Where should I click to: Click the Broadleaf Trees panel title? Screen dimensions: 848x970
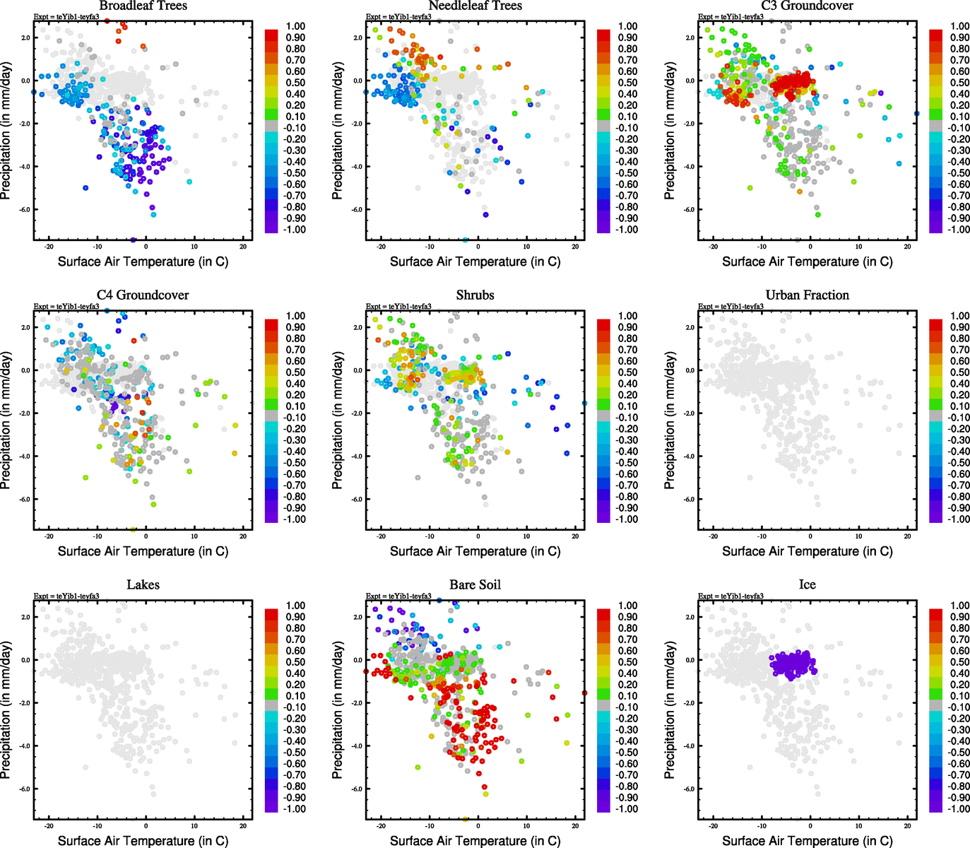(x=143, y=6)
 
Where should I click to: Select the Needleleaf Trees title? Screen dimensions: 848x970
(x=475, y=6)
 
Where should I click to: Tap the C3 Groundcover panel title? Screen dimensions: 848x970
(x=807, y=6)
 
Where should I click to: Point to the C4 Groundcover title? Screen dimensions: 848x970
(x=143, y=295)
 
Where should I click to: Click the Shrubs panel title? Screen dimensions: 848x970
(x=475, y=295)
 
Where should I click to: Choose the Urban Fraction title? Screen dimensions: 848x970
(x=807, y=295)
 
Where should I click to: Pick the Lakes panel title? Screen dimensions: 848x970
(x=143, y=585)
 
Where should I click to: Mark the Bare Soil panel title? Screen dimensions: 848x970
(x=475, y=585)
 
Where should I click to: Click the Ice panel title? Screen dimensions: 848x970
(x=807, y=585)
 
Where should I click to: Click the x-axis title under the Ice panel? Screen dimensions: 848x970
(x=807, y=841)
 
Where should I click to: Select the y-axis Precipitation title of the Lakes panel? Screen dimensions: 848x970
(x=6, y=710)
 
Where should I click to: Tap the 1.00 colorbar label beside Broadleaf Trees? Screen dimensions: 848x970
(x=295, y=26)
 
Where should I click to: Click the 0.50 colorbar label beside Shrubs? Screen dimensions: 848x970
(x=628, y=372)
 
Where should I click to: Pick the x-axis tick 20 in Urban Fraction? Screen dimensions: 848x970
(x=907, y=536)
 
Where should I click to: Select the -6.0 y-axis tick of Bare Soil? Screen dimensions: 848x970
(x=357, y=789)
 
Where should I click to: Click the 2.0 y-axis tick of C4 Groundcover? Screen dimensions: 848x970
(x=25, y=328)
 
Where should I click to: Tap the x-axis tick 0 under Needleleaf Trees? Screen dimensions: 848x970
(x=478, y=247)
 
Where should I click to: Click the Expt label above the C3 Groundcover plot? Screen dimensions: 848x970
(x=731, y=17)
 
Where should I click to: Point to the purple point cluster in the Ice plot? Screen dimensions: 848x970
(x=792, y=664)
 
